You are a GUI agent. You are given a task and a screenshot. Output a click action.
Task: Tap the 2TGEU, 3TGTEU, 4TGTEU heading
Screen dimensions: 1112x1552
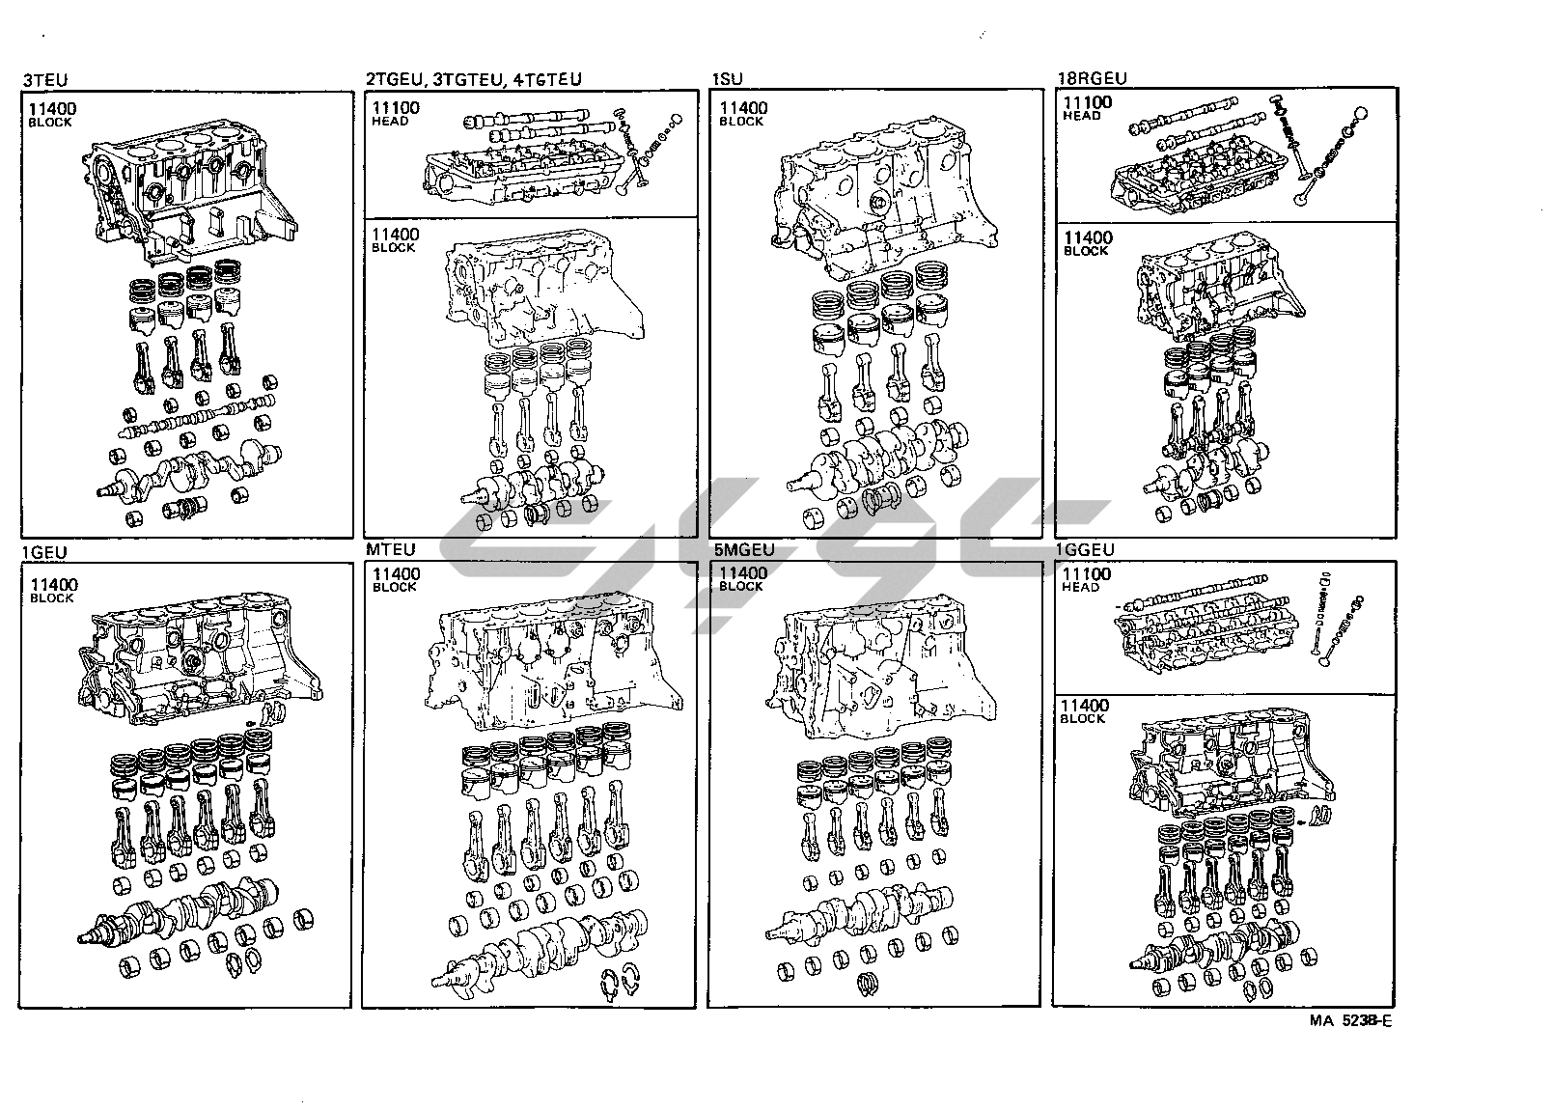point(473,79)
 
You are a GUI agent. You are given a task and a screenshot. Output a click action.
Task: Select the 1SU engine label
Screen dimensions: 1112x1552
point(728,79)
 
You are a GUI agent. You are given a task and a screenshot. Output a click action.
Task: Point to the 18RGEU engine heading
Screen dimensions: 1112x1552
point(1092,78)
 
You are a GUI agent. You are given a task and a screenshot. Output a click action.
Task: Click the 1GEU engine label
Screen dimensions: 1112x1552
point(44,553)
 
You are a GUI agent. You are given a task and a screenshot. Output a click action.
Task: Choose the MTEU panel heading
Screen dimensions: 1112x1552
point(390,550)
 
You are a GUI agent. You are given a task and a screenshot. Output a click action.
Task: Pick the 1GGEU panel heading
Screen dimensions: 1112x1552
point(1086,550)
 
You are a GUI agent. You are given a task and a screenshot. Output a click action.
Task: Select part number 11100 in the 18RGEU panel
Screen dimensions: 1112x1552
point(1086,102)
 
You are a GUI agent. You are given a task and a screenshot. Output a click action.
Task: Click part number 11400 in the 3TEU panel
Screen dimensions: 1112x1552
point(52,109)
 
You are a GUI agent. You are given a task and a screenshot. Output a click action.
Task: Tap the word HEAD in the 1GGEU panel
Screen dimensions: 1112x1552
point(1080,587)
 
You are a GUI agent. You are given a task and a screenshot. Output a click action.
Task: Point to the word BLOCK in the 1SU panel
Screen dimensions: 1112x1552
point(741,122)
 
